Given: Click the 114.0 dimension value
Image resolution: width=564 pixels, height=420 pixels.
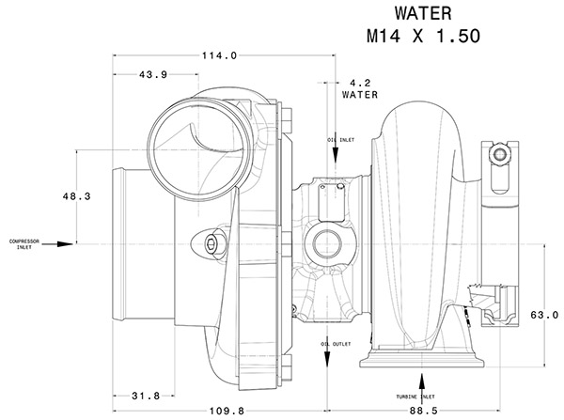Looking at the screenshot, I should coord(218,56).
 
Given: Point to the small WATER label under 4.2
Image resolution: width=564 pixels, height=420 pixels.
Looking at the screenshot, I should coord(359,95).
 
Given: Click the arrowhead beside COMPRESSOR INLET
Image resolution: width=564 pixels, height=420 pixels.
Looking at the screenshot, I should coord(62,243).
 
